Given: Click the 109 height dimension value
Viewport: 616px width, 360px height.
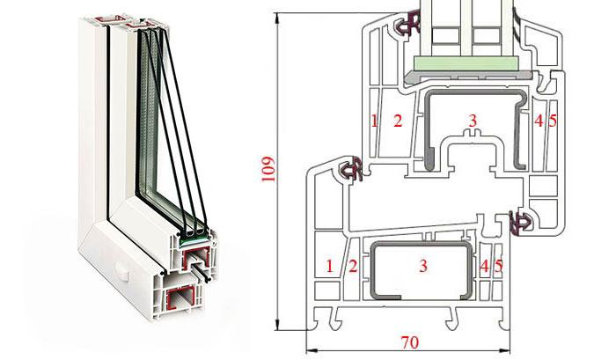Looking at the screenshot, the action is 268,169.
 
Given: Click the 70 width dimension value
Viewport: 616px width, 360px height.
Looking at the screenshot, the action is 410,342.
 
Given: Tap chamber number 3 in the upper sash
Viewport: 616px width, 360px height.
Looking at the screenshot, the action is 473,121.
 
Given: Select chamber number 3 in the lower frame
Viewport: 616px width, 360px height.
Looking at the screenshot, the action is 423,266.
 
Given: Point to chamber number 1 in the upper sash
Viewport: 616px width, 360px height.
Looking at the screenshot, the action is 374,121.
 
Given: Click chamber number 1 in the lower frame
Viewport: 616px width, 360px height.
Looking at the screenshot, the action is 329,266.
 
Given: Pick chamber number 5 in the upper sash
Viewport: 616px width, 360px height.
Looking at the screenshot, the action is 553,121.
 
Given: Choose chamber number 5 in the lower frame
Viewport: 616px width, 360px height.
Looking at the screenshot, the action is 499,266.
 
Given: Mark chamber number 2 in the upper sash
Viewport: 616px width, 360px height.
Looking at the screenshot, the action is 398,121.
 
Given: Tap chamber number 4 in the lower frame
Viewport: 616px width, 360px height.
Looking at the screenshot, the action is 485,266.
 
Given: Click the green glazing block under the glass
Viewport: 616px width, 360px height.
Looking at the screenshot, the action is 466,63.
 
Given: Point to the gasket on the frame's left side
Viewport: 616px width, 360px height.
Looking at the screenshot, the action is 351,169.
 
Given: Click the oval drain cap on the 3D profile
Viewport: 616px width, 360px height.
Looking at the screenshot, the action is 122,272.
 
